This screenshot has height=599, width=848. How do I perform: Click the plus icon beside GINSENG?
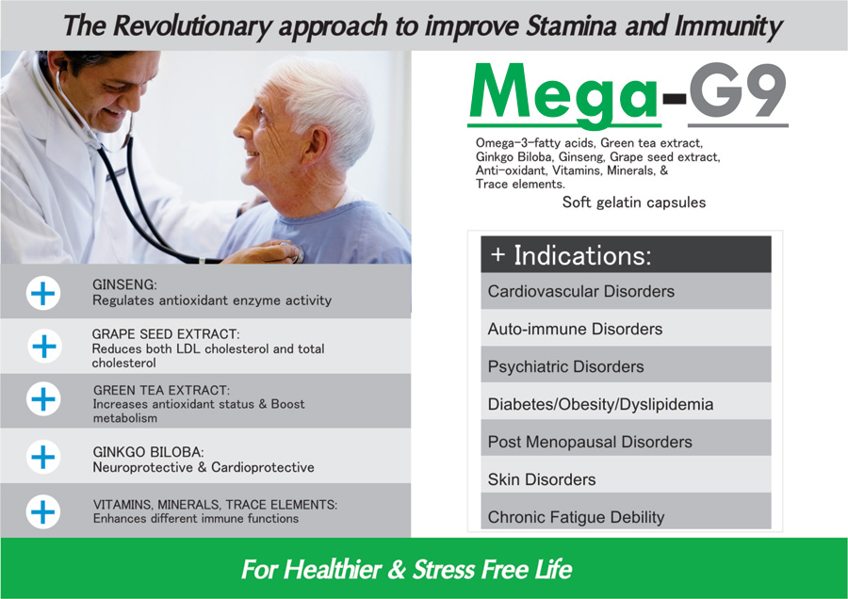click(42, 293)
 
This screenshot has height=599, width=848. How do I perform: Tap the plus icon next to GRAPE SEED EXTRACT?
click(44, 346)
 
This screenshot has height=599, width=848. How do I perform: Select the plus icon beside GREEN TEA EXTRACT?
click(43, 399)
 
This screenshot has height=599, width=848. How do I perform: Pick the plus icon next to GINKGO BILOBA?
click(43, 457)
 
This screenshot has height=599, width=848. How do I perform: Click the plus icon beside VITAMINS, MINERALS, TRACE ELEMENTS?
click(43, 511)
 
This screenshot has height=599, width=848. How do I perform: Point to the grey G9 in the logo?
click(737, 90)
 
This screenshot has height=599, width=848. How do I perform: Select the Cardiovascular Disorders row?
click(626, 291)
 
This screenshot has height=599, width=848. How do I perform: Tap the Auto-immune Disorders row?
click(626, 329)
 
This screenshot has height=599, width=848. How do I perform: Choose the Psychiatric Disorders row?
click(626, 366)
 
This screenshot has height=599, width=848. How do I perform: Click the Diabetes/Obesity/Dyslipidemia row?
click(626, 404)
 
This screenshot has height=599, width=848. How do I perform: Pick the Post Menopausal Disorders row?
click(626, 441)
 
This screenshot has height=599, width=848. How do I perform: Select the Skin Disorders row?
click(626, 479)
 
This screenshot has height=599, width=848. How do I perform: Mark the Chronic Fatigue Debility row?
click(626, 515)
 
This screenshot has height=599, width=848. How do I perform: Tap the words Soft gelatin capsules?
click(634, 202)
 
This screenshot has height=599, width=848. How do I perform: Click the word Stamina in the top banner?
click(571, 25)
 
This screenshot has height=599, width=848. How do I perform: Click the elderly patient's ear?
click(313, 147)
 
